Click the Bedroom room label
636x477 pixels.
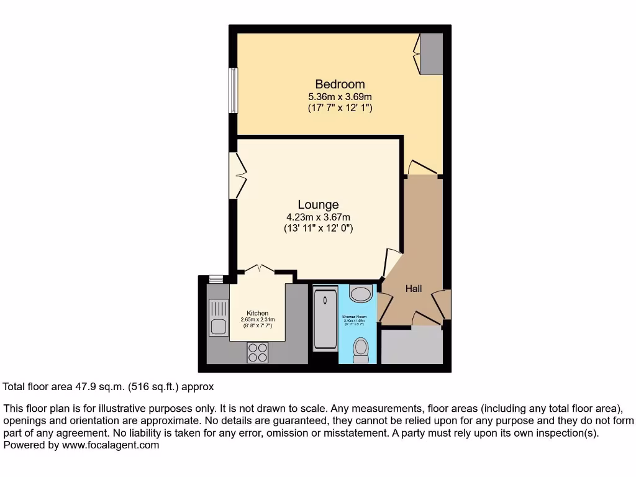pos(340,84)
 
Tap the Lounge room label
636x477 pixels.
pos(318,204)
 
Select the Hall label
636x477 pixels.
pos(414,289)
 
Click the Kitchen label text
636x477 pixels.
pos(257,313)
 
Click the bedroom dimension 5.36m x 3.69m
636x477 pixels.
pos(340,97)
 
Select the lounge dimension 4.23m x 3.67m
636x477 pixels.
pos(318,217)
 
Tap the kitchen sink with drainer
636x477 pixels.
pos(219,317)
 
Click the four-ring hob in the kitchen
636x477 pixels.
pos(257,353)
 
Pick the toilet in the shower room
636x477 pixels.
pos(361,350)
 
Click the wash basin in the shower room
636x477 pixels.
pos(360,293)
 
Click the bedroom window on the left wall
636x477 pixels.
pos(233,91)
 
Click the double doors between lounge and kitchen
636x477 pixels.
pos(259,269)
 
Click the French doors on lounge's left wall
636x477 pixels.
pos(237,176)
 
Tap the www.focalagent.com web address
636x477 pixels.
pos(109,445)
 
